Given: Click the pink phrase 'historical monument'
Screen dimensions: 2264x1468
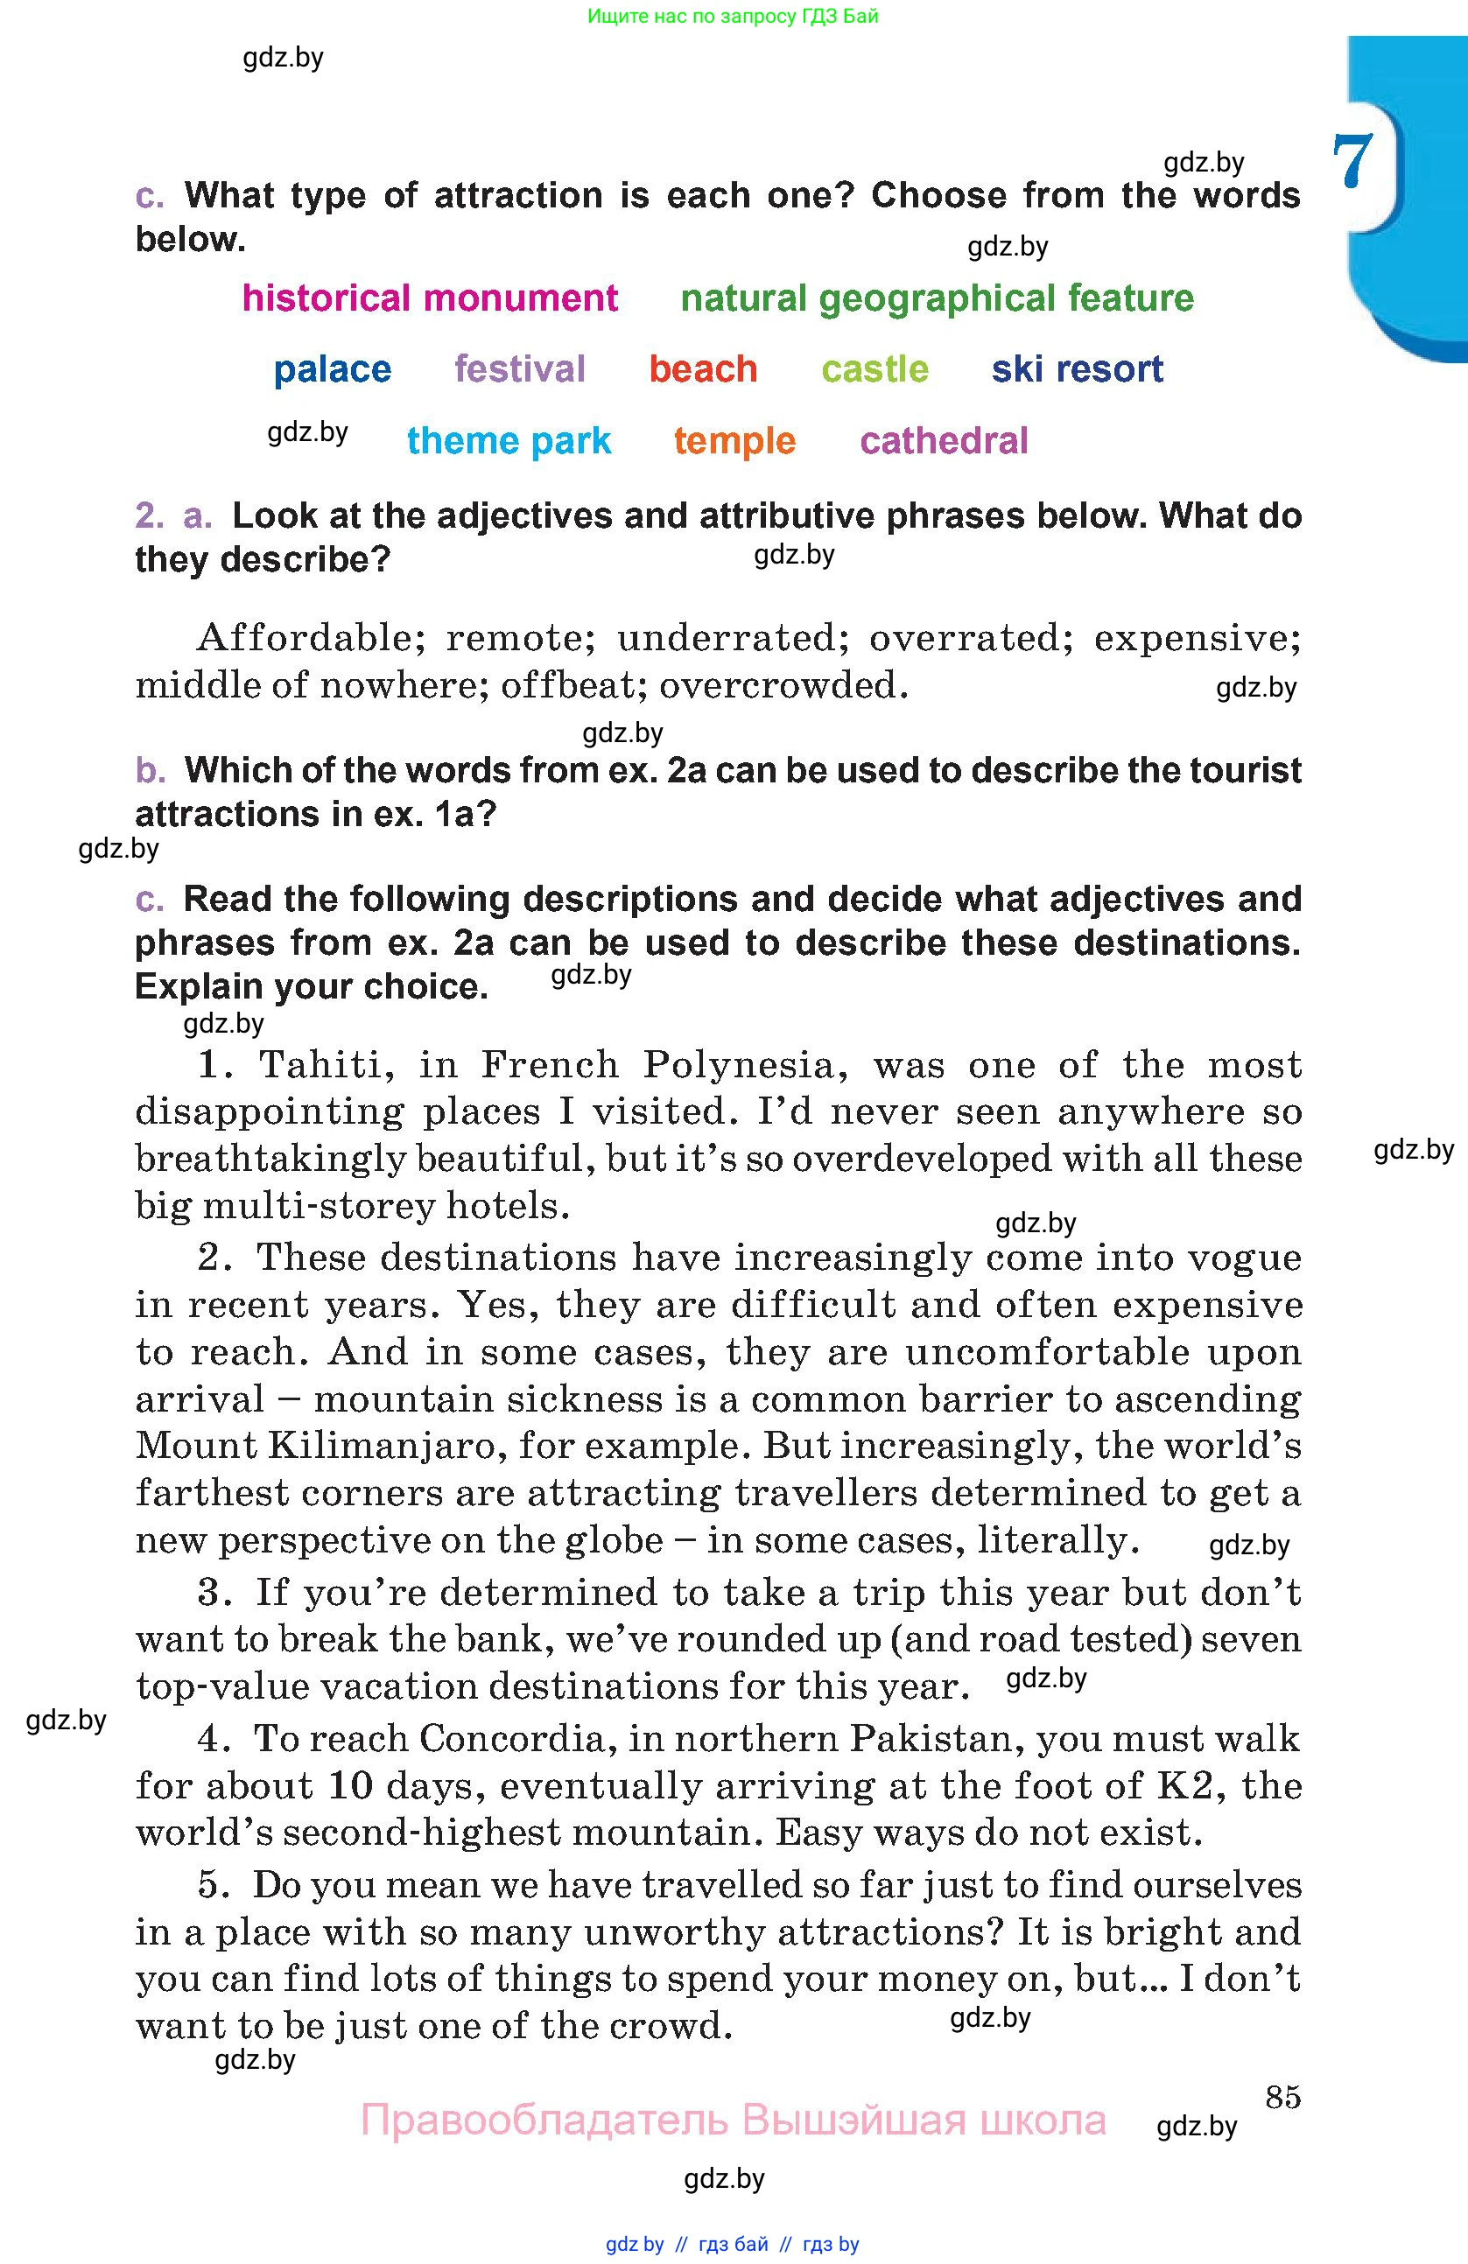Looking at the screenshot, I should pos(429,298).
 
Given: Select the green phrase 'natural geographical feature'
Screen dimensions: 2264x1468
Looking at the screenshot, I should pos(938,298).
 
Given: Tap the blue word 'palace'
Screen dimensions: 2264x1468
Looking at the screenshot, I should pos(332,369).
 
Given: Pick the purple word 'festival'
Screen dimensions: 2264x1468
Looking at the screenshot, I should pos(519,369).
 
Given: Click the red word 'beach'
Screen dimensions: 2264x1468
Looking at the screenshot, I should pos(703,369).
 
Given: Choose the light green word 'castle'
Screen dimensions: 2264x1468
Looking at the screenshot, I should pos(874,369).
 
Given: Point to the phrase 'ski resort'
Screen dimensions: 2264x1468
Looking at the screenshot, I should pos(1077,369).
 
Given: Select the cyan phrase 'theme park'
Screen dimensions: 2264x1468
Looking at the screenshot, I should pos(509,441).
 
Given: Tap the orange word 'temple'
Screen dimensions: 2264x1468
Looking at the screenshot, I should pos(734,441).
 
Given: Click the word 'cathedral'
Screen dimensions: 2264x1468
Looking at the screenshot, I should pos(944,441).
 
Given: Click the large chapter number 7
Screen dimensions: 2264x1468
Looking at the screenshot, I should pos(1352,160).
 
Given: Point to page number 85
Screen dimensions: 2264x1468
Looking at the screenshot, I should pos(1282,2097).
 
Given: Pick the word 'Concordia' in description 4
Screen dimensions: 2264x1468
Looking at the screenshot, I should pos(512,1739).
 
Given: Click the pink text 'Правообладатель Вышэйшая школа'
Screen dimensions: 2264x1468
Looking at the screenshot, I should pos(733,2121).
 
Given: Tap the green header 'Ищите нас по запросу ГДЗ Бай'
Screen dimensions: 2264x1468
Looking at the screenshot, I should pos(733,16).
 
